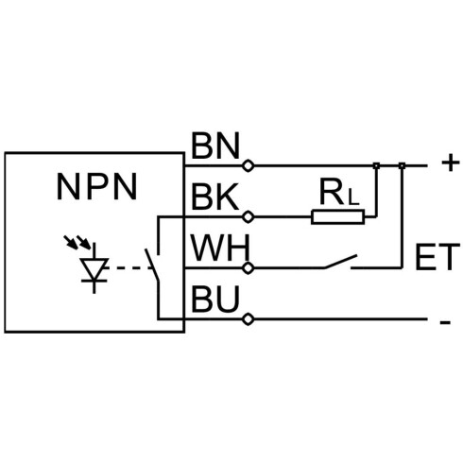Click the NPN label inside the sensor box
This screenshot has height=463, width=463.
click(x=96, y=187)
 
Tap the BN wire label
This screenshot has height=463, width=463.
click(x=215, y=146)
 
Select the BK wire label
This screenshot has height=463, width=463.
click(x=214, y=197)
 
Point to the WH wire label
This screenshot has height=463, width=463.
click(x=220, y=248)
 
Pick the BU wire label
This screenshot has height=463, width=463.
click(x=215, y=299)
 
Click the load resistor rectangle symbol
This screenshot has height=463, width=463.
click(x=338, y=217)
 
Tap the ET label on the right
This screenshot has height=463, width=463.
click(x=437, y=257)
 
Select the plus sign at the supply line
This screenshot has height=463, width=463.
click(x=451, y=163)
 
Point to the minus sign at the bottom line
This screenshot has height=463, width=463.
click(x=445, y=322)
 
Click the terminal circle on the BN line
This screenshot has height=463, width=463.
click(x=249, y=165)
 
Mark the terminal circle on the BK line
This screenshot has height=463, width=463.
click(x=249, y=217)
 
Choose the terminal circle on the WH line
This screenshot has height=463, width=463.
click(x=249, y=268)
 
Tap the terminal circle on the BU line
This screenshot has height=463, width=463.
click(x=249, y=319)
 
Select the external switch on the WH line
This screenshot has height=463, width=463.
click(x=341, y=262)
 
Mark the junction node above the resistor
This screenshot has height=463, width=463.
click(x=376, y=165)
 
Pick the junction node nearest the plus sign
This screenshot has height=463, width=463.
click(x=402, y=165)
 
